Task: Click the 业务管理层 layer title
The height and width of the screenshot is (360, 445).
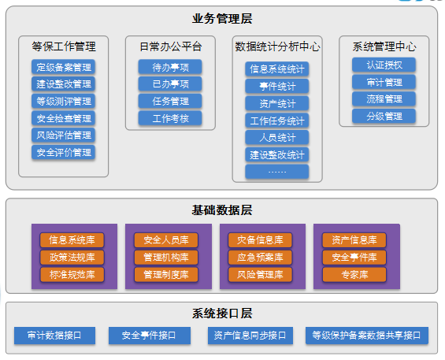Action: (222, 19)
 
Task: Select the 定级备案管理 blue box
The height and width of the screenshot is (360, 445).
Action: (63, 67)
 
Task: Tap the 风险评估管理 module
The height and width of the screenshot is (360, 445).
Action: (63, 135)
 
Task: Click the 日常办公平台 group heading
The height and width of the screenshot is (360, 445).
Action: (171, 46)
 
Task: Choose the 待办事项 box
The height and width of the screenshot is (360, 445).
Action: (170, 67)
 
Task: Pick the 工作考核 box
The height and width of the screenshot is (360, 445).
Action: (170, 118)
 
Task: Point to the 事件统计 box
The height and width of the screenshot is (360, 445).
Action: (277, 87)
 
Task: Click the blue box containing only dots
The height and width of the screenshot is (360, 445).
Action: (277, 172)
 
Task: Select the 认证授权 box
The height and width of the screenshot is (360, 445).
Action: (384, 65)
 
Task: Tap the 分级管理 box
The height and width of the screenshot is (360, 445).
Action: (384, 116)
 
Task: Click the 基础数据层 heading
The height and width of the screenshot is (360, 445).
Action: (222, 210)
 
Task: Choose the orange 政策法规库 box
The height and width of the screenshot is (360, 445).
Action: (72, 258)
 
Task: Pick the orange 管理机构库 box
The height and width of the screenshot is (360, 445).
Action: (166, 258)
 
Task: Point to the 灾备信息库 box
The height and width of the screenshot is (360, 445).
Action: (260, 240)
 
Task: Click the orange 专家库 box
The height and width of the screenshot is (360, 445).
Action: (354, 275)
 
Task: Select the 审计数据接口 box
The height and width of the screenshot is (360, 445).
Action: (54, 336)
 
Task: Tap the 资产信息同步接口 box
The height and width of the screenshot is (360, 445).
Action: (250, 336)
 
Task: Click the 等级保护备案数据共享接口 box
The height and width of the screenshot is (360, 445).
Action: (367, 336)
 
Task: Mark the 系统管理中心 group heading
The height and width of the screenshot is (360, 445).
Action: (384, 46)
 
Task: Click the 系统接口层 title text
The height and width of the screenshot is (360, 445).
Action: (222, 314)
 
